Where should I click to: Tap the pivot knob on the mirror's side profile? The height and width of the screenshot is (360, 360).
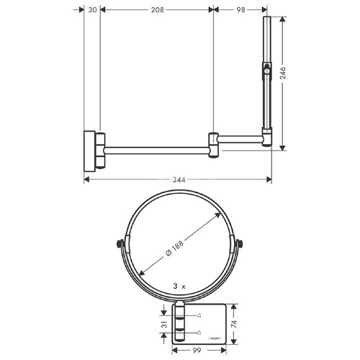click(268, 70)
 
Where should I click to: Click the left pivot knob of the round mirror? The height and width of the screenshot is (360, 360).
click(118, 243)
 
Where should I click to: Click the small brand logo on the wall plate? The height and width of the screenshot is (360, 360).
click(215, 337)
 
